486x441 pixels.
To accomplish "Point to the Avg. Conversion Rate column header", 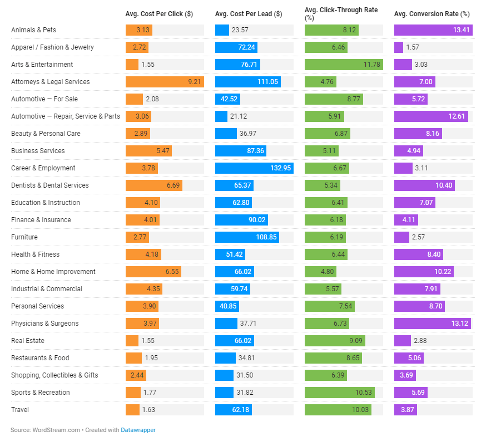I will click(432, 13).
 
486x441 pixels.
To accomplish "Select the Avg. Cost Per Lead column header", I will click(248, 13).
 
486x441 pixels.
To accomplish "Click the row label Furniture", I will click(24, 237).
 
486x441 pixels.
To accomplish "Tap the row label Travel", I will click(20, 410).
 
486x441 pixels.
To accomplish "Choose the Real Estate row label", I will click(27, 341).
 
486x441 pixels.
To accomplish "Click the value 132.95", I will click(281, 168).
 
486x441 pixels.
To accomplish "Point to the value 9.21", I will click(194, 82).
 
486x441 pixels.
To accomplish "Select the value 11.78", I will click(372, 65).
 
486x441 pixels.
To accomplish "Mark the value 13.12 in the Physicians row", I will click(462, 324).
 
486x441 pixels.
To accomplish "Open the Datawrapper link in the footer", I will click(138, 430).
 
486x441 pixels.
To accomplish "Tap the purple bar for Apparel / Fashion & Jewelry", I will click(399, 47).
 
